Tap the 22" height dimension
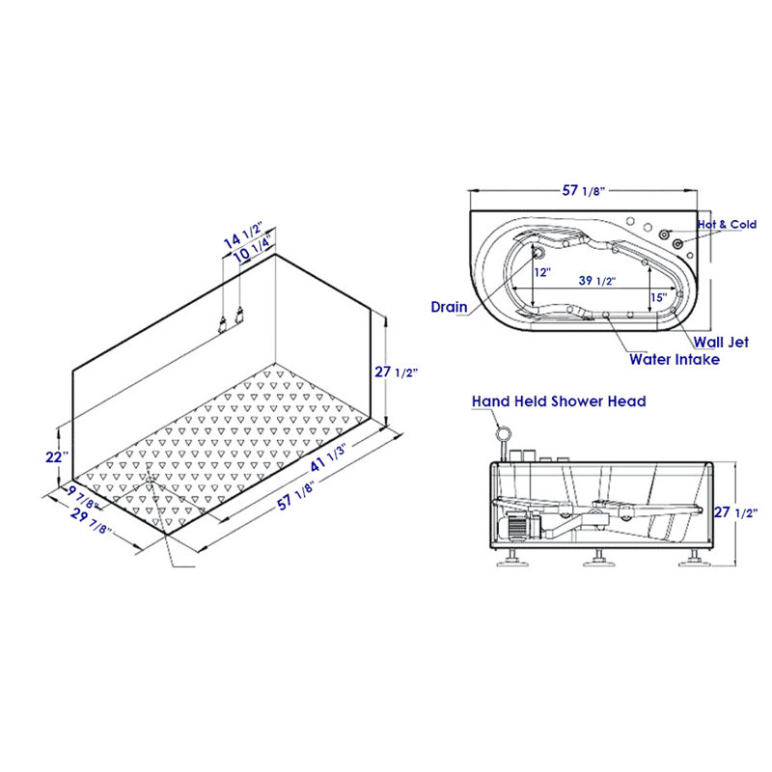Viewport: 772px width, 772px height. (56, 455)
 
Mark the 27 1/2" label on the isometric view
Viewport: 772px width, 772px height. (399, 372)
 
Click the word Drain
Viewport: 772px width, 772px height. (449, 307)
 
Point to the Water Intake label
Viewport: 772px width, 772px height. (675, 360)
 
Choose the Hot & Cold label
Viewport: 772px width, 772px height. (728, 225)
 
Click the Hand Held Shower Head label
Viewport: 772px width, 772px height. (559, 400)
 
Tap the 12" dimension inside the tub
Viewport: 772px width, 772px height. (542, 273)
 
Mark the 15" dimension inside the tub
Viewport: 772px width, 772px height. (657, 297)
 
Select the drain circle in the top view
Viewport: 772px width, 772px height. (538, 253)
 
